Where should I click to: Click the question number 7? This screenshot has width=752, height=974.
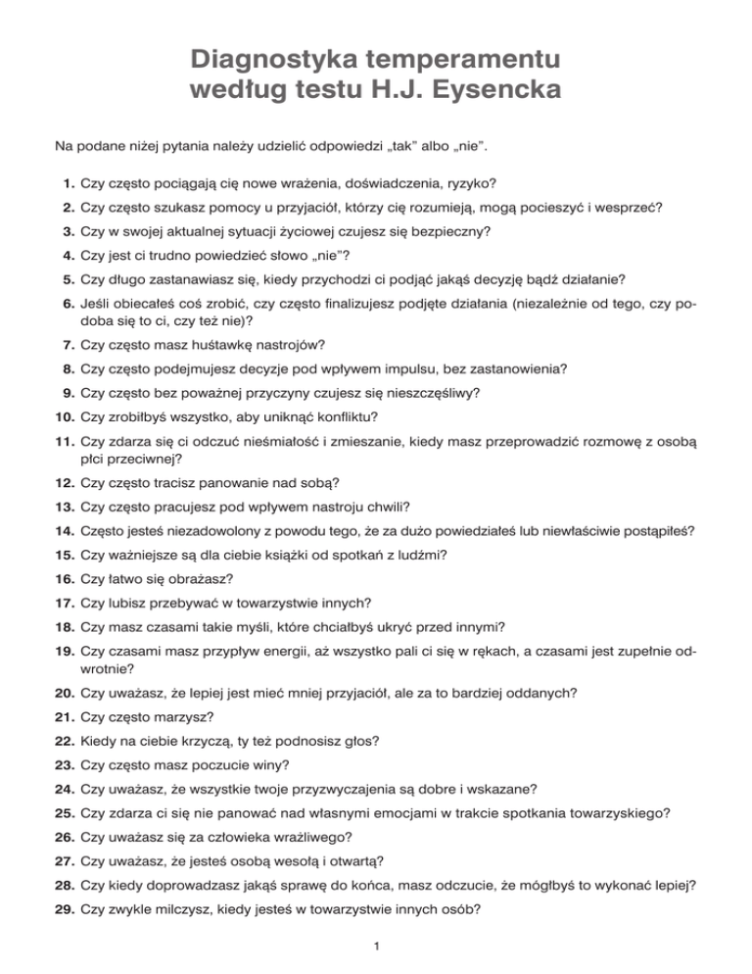tap(67, 345)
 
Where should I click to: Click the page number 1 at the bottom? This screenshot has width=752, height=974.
tap(376, 946)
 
